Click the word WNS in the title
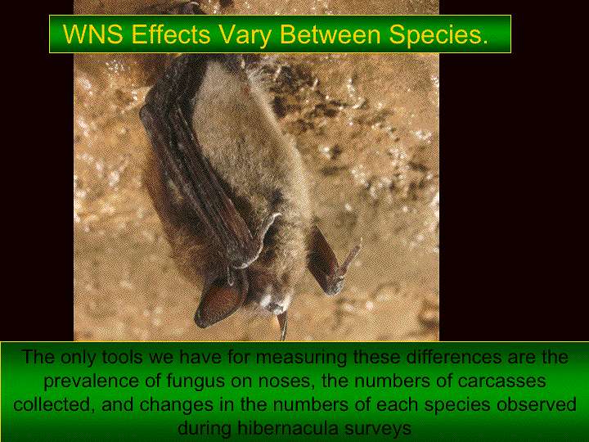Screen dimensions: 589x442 click(93, 34)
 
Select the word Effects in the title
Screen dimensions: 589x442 click(171, 34)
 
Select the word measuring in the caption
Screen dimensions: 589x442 click(302, 359)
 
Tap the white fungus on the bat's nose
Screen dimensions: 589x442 click(277, 304)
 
